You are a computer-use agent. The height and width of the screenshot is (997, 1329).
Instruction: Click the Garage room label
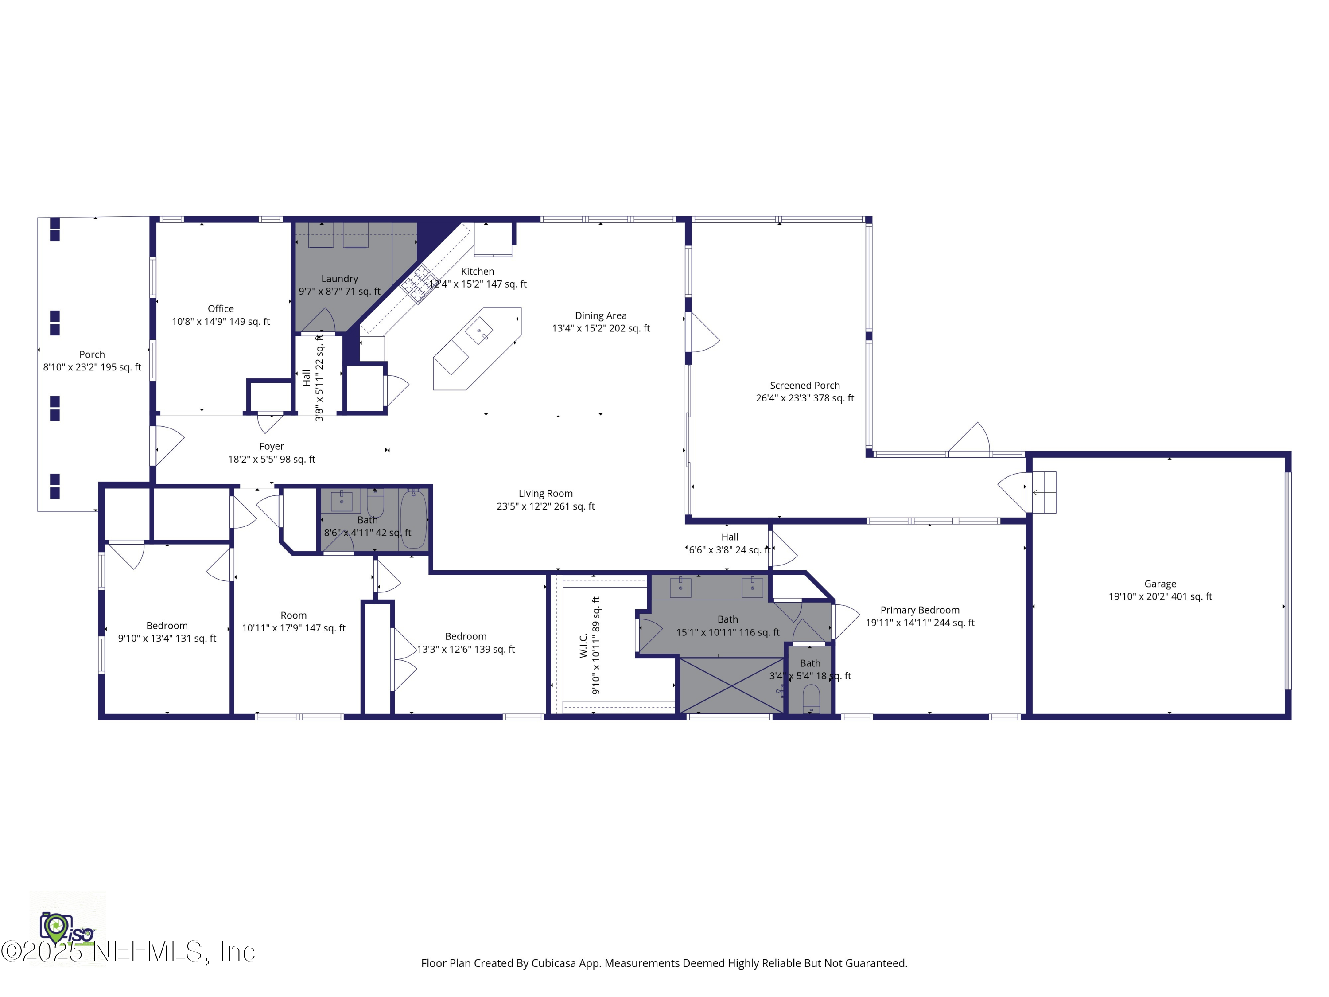[x=1160, y=584]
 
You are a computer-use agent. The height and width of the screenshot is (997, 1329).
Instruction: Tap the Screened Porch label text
[x=804, y=385]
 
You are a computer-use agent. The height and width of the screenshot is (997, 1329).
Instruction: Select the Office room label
[x=221, y=308]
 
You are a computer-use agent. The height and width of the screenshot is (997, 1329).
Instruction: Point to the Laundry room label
[x=339, y=279]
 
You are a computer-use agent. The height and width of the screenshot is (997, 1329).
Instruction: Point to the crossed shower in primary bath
[x=731, y=685]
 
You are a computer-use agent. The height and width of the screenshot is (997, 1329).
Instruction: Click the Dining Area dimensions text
[x=601, y=328]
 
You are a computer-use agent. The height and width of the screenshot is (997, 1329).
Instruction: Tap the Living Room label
[x=545, y=493]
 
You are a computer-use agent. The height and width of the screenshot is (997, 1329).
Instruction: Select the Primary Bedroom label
[x=920, y=610]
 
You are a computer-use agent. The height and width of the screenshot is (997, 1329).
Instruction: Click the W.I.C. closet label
[x=583, y=646]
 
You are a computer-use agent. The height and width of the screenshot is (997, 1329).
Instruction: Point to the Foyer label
[x=272, y=446]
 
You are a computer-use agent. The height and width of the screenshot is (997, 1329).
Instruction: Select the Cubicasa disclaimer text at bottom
[x=664, y=963]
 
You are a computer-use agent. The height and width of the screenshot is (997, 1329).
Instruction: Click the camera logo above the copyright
[x=56, y=927]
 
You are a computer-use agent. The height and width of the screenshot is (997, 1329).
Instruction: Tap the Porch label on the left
[x=92, y=354]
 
